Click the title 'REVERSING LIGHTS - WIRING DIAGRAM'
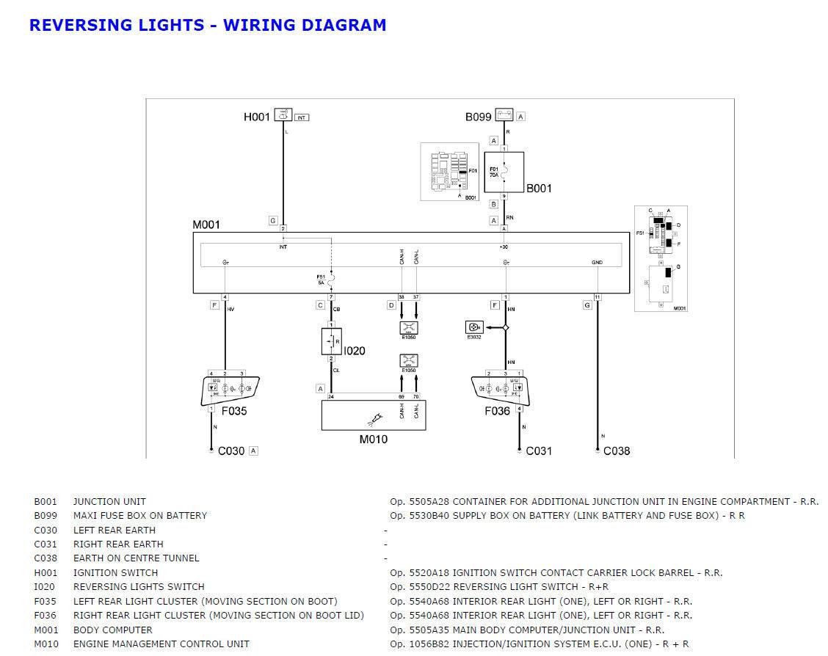(208, 25)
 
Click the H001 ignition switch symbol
(283, 115)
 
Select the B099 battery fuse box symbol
(504, 115)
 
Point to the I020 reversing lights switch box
(331, 342)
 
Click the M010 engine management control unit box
(374, 415)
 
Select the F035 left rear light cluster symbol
(230, 390)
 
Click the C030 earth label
(231, 451)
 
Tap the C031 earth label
(539, 451)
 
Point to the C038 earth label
(617, 451)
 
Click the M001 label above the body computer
(206, 225)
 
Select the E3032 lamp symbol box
(474, 327)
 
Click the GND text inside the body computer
(597, 262)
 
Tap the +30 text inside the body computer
(504, 247)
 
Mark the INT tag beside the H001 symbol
(302, 117)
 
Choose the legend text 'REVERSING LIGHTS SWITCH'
(139, 587)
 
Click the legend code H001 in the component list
(45, 572)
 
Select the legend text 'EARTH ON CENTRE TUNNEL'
(137, 558)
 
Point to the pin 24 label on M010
(331, 397)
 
